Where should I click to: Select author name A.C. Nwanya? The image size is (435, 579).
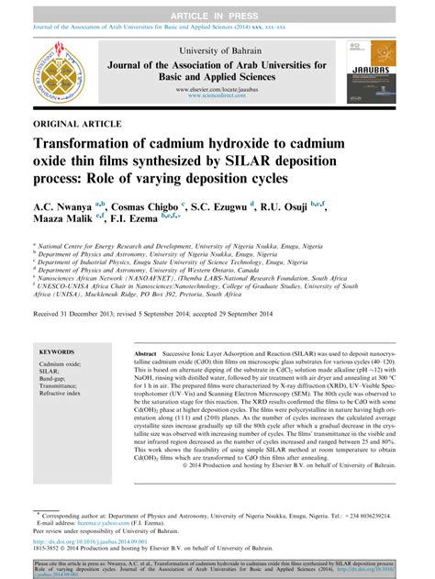click(65, 207)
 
